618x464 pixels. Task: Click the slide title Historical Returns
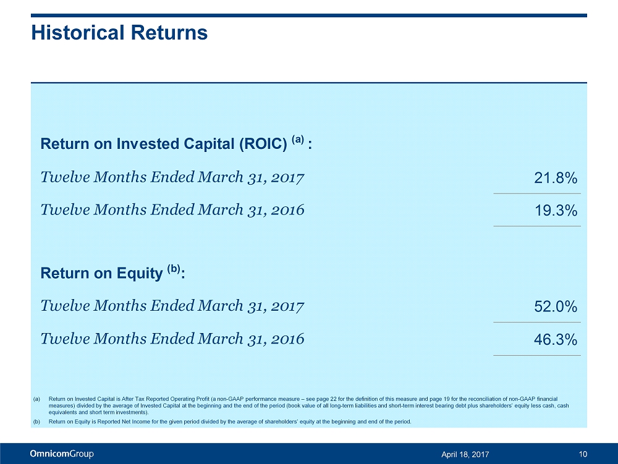click(119, 33)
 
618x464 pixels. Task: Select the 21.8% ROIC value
click(556, 179)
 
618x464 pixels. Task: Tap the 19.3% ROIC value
click(556, 211)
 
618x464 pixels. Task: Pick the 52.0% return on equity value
click(556, 307)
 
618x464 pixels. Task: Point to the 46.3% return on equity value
click(556, 339)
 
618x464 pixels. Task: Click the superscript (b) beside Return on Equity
click(174, 269)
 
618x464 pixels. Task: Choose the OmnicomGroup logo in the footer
click(62, 454)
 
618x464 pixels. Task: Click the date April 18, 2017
click(465, 455)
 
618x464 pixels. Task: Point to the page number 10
click(583, 455)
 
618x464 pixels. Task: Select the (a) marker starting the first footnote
click(36, 399)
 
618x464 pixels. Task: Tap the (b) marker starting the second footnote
click(36, 422)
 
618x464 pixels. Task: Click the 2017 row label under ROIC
click(172, 179)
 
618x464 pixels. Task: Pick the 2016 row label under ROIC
click(172, 210)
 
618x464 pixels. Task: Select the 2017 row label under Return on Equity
click(172, 306)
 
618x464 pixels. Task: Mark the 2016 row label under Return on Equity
click(172, 339)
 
